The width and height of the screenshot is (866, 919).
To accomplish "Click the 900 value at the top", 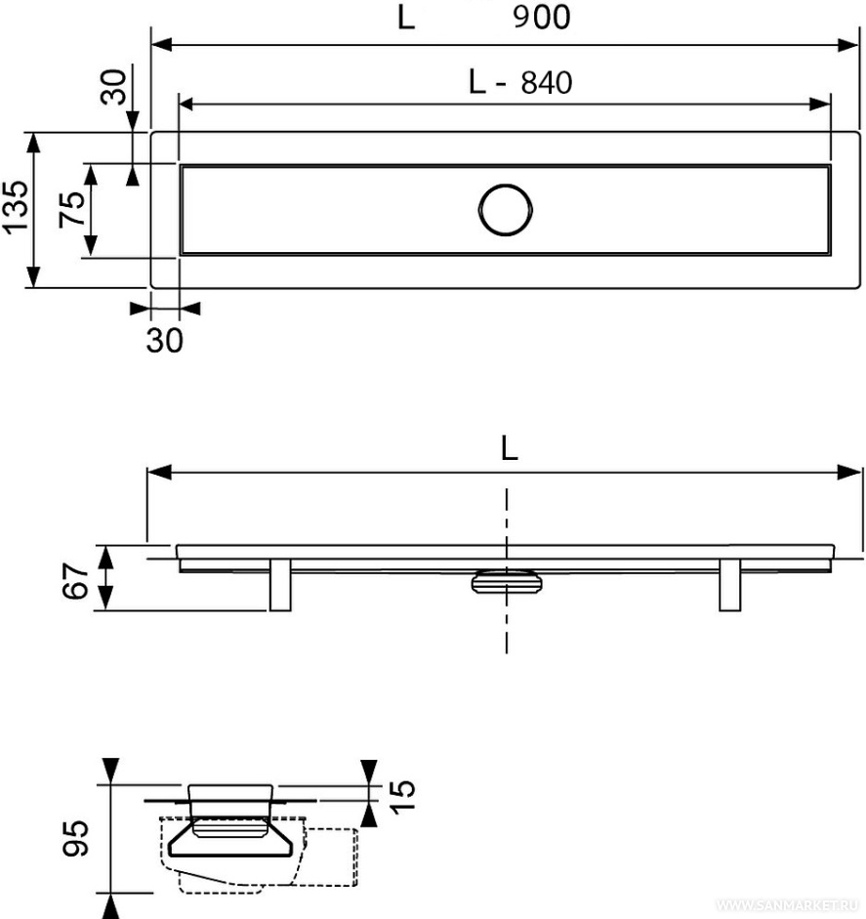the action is pos(542,17).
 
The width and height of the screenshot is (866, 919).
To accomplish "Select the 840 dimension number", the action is pos(547,83).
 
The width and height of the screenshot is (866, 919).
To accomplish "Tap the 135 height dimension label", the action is pos(16,207).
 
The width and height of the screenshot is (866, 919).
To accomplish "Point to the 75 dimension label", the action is pos(72,209).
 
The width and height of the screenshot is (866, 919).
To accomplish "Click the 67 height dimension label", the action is pos(75,581).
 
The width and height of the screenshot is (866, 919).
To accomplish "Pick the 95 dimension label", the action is pos(77,838).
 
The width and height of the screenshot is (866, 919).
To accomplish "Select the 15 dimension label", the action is pos(402,796).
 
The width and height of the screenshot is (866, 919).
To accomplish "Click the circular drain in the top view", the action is pos(505,210).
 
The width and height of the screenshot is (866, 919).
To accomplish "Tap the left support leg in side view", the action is pos(280,585).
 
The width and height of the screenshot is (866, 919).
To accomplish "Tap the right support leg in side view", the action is pos(729,585).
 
